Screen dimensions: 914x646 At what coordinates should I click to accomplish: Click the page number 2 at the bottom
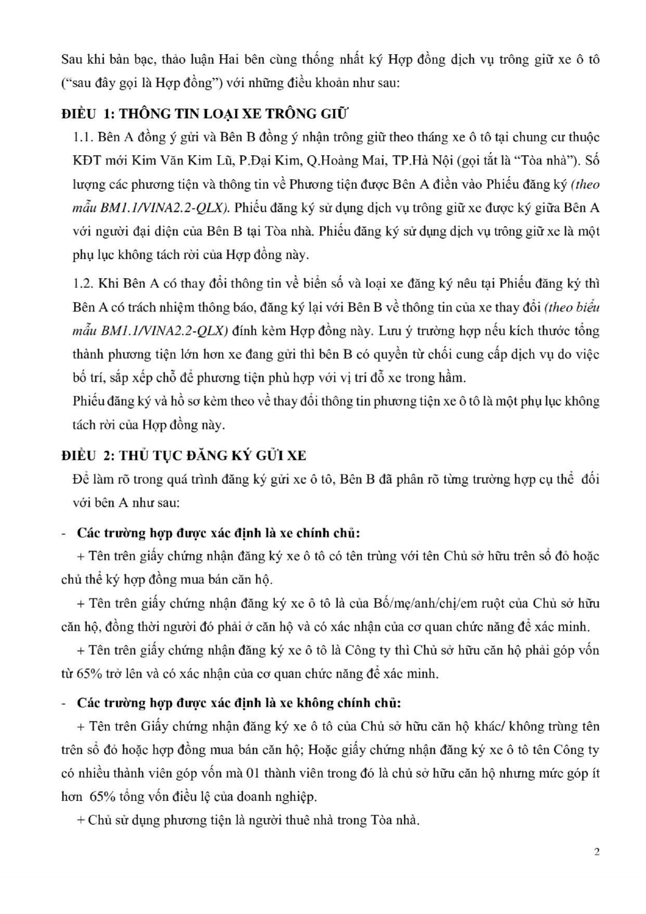coord(597,852)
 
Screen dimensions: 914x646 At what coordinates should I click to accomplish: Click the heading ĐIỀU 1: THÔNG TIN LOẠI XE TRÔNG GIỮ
coord(205,113)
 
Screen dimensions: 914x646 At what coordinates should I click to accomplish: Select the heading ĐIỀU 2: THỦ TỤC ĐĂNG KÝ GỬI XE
coord(183,455)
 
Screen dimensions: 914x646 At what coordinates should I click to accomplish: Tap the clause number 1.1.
coord(82,137)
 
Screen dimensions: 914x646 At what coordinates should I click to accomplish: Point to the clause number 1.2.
coord(82,284)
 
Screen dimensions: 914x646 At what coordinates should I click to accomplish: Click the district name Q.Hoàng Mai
coord(345,161)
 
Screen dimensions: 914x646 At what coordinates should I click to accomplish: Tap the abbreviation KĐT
coord(86,161)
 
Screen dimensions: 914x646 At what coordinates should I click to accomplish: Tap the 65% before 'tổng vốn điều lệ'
coord(103,797)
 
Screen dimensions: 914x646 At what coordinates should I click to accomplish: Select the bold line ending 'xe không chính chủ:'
coord(239,703)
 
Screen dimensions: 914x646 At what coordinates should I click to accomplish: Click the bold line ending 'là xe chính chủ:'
coord(218,533)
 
